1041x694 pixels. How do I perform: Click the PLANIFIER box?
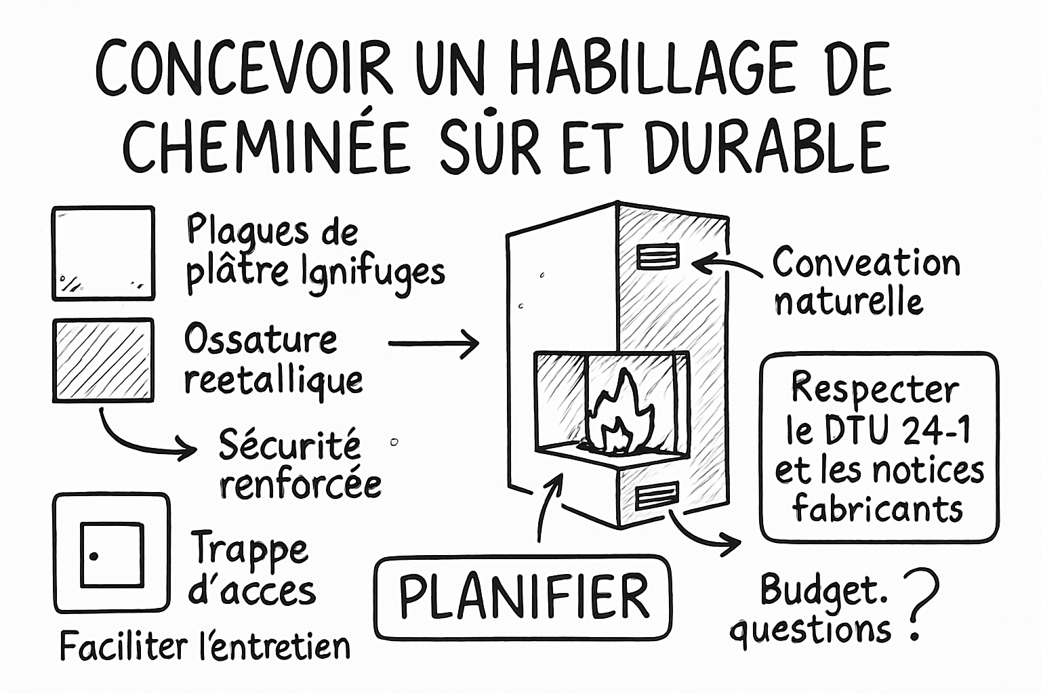pos(523,597)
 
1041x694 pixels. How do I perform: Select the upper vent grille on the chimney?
pos(657,258)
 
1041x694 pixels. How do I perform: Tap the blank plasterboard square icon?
pos(103,253)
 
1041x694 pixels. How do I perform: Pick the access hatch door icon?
pos(112,554)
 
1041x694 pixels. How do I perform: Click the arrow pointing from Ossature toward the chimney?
pos(434,344)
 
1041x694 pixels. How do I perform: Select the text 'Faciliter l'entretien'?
pos(205,646)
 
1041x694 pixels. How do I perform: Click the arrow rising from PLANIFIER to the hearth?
pos(548,505)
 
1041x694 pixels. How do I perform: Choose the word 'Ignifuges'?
pos(366,272)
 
